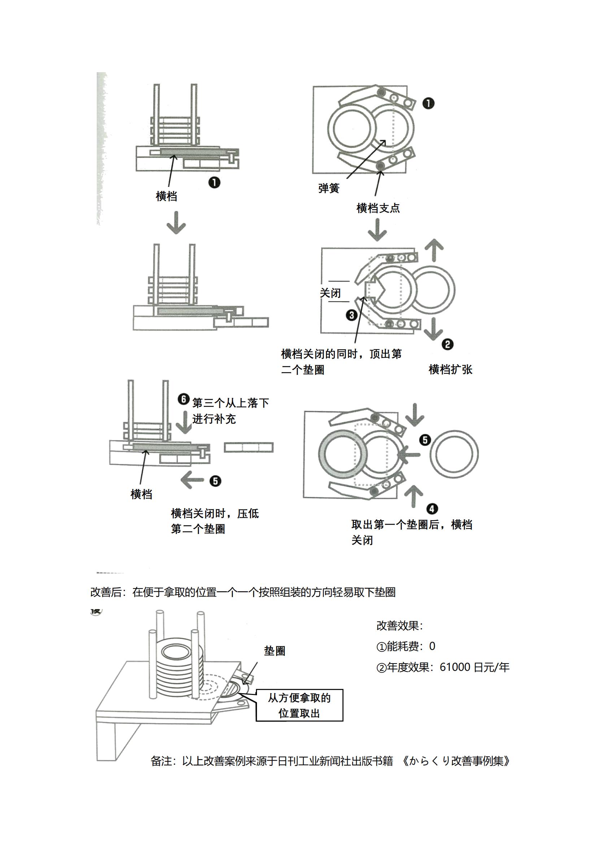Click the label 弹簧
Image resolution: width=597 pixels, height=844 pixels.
pyautogui.click(x=329, y=189)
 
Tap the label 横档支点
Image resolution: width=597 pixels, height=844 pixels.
pyautogui.click(x=378, y=209)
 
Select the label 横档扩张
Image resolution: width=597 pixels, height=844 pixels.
pyautogui.click(x=450, y=369)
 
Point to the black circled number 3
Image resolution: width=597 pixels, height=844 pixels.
pyautogui.click(x=352, y=315)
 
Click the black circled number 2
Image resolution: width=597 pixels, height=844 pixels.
pyautogui.click(x=447, y=345)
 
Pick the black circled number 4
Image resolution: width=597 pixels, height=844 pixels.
pyautogui.click(x=432, y=509)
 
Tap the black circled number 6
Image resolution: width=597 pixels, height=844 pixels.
pyautogui.click(x=183, y=399)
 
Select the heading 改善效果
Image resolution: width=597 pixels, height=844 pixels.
pyautogui.click(x=399, y=626)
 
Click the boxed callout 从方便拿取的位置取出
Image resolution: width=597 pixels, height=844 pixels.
pyautogui.click(x=299, y=705)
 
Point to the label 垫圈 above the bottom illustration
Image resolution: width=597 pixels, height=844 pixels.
pyautogui.click(x=275, y=651)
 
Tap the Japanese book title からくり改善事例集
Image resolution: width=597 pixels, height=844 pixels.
pyautogui.click(x=456, y=761)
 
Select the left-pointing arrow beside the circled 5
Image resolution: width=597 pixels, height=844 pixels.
pyautogui.click(x=192, y=480)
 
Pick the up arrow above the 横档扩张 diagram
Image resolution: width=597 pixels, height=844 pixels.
pyautogui.click(x=434, y=250)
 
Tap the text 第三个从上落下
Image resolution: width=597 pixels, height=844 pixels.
pyautogui.click(x=231, y=403)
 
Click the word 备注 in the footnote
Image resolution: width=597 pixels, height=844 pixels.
pyautogui.click(x=161, y=761)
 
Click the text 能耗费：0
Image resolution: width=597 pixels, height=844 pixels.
pyautogui.click(x=406, y=646)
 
